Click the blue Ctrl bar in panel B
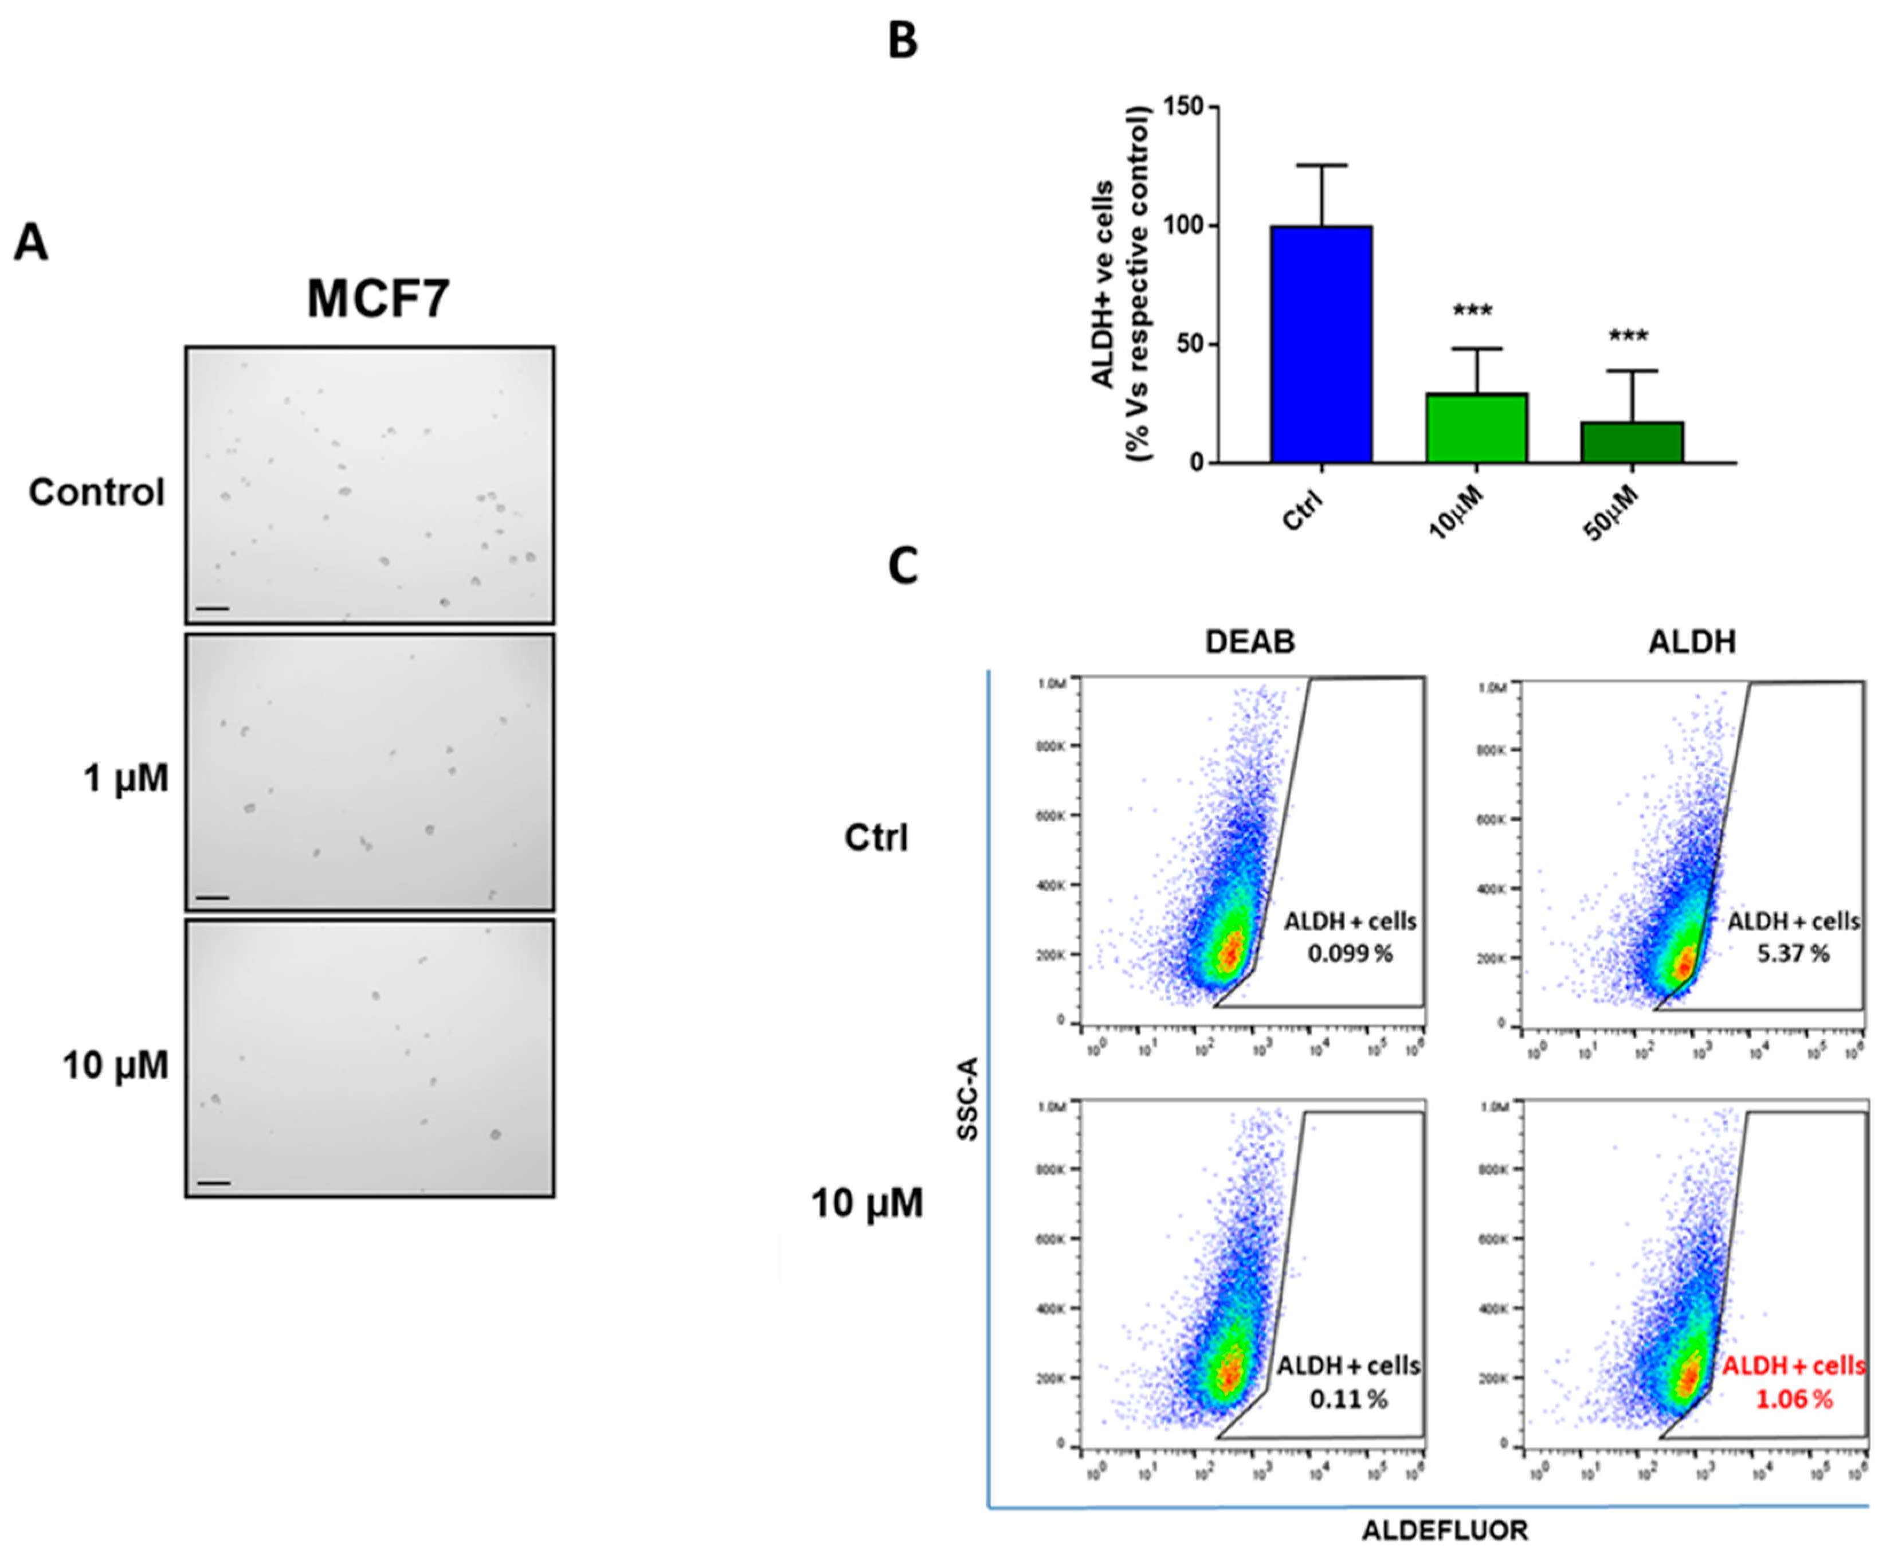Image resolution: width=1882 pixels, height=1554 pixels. tap(1321, 345)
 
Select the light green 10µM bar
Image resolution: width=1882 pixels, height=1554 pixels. tap(1476, 428)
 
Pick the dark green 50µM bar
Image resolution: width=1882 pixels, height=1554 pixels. tap(1632, 442)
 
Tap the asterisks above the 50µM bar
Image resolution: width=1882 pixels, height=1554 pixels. tap(1628, 338)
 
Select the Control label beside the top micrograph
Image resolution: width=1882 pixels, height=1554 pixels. tap(97, 492)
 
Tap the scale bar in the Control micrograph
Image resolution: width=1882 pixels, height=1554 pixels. tap(213, 609)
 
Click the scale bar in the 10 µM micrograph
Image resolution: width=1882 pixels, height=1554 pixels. tap(213, 1183)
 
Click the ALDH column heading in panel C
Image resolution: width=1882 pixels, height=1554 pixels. tap(1691, 642)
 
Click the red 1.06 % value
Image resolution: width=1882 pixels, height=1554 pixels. tap(1793, 1399)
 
